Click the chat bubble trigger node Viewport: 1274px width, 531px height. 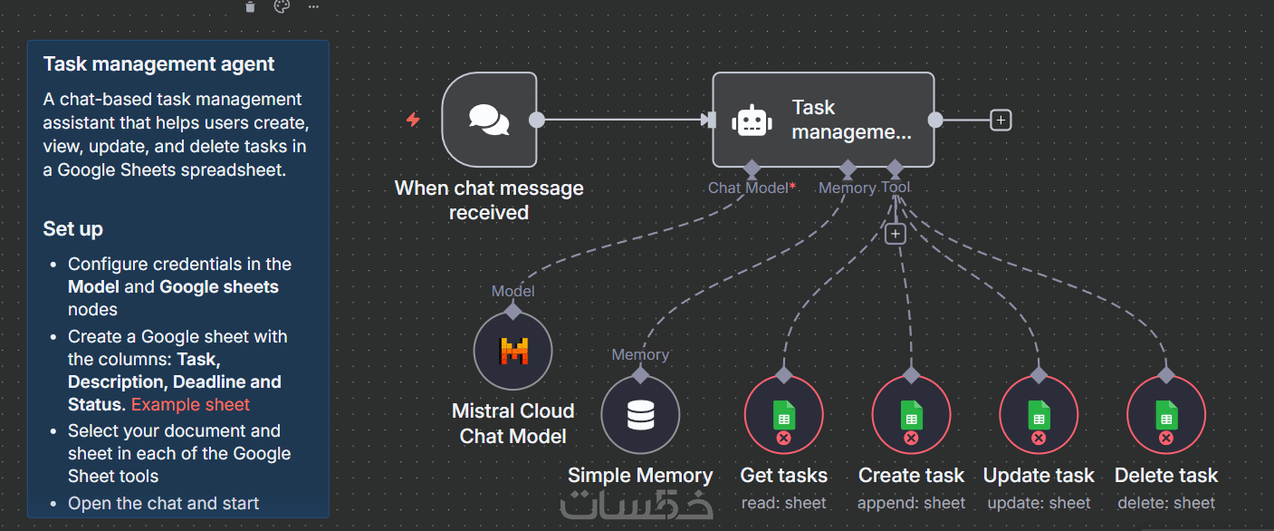pos(489,120)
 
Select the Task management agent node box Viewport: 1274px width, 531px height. pos(823,120)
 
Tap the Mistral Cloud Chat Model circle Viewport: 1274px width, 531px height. pos(513,351)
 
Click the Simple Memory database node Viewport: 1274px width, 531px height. pos(640,415)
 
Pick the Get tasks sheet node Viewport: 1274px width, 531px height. pos(783,415)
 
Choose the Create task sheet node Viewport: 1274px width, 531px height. pos(911,415)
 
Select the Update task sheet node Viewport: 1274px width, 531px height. pos(1039,415)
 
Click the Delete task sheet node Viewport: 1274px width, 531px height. pos(1166,415)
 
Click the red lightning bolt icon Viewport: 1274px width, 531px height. pos(413,120)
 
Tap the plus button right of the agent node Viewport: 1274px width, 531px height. pos(1001,120)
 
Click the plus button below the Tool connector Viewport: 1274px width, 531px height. pos(895,234)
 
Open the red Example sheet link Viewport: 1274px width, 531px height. pos(190,405)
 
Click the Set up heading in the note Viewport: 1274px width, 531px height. pos(73,229)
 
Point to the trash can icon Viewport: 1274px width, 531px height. pos(251,7)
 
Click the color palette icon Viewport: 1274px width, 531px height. pos(282,7)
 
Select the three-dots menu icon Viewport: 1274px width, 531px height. pos(313,7)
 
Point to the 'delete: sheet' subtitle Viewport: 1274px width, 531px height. pos(1166,503)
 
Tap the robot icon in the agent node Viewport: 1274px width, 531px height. pos(752,121)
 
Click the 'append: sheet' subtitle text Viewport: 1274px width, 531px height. pos(912,503)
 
